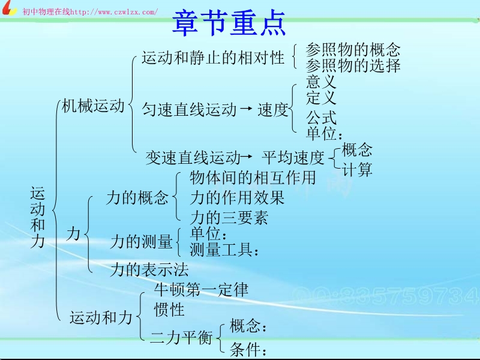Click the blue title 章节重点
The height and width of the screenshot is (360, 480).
229,23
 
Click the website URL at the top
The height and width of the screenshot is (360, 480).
114,12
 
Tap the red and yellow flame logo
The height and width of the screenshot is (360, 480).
8,8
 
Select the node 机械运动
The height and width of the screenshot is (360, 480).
93,106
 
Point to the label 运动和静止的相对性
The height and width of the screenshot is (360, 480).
213,57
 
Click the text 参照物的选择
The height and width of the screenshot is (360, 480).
353,65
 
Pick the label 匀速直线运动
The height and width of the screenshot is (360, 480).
189,109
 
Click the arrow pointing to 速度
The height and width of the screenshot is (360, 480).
247,108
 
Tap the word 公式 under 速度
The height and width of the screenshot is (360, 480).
321,117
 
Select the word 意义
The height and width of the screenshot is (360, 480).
321,82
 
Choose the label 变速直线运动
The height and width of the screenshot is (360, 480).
193,158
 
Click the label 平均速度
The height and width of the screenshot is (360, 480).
293,157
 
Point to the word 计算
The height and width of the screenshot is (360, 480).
357,169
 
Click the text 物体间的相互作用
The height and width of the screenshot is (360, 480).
253,178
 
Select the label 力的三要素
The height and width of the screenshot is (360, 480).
229,217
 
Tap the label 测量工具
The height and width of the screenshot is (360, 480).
224,250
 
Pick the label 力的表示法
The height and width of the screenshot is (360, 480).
149,269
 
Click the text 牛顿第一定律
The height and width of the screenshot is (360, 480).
201,289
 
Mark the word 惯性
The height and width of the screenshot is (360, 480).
169,309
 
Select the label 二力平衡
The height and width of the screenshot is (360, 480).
181,338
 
